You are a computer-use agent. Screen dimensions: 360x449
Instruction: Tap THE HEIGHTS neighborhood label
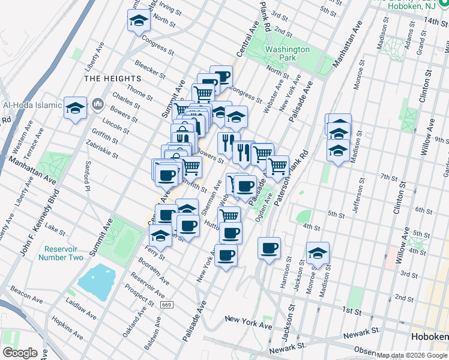point(113,79)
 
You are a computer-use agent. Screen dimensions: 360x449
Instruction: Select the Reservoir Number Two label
point(61,253)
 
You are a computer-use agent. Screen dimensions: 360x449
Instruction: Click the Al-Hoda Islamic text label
point(32,105)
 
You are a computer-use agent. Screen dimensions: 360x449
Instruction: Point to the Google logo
point(20,353)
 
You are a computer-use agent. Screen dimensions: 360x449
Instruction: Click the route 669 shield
point(166,305)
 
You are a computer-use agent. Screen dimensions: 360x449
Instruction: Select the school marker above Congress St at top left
point(139,22)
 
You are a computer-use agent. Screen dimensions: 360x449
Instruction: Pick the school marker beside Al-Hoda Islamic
point(76,107)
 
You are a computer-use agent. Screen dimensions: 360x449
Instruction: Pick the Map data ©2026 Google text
point(412,355)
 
